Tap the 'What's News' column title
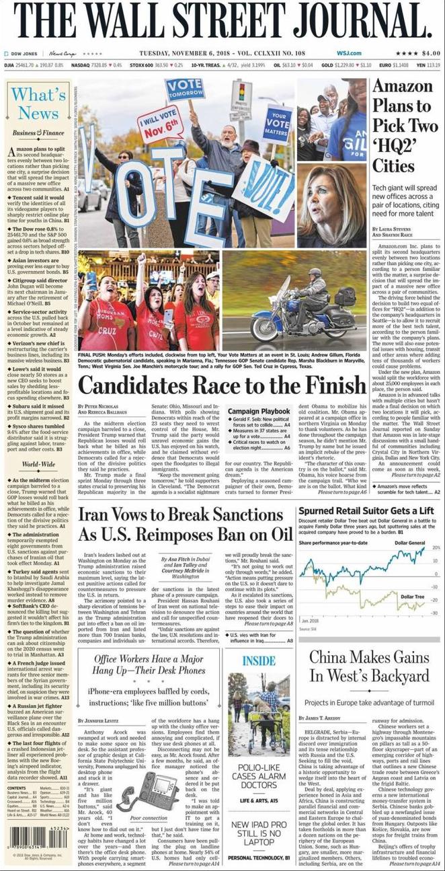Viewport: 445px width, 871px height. click(38, 102)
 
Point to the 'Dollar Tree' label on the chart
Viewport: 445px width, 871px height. click(412, 597)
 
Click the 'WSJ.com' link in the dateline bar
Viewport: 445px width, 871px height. click(349, 53)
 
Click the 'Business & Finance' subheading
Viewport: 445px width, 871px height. click(38, 133)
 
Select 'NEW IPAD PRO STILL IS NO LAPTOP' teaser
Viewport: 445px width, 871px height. click(259, 831)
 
